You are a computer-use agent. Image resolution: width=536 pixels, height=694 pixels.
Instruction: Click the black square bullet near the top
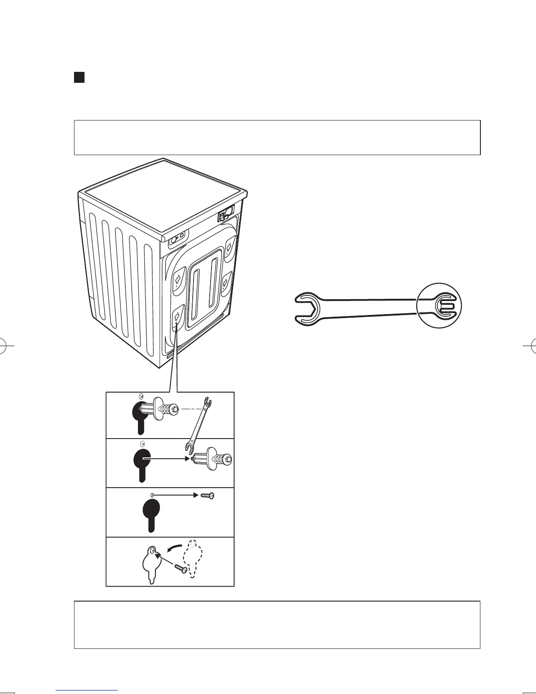[79, 78]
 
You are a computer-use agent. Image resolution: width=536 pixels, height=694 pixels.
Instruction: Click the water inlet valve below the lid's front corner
[176, 240]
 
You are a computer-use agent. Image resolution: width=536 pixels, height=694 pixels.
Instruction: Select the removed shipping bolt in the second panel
[213, 458]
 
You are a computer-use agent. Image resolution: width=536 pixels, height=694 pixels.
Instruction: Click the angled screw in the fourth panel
[181, 568]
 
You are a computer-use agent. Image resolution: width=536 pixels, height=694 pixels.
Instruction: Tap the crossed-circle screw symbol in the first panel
[141, 396]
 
